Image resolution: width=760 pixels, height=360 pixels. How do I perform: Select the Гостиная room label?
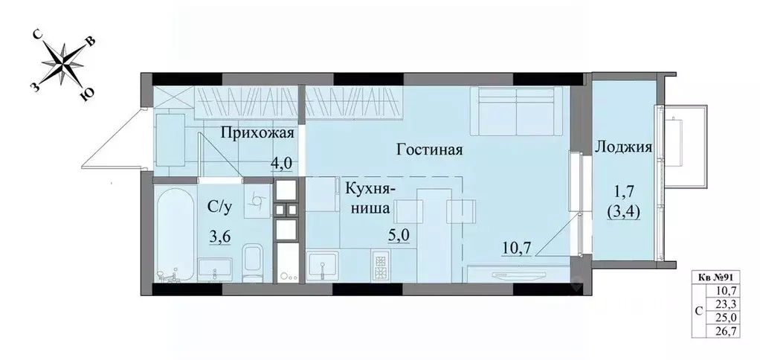point(430,150)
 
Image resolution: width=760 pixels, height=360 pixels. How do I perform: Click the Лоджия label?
point(623,147)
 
